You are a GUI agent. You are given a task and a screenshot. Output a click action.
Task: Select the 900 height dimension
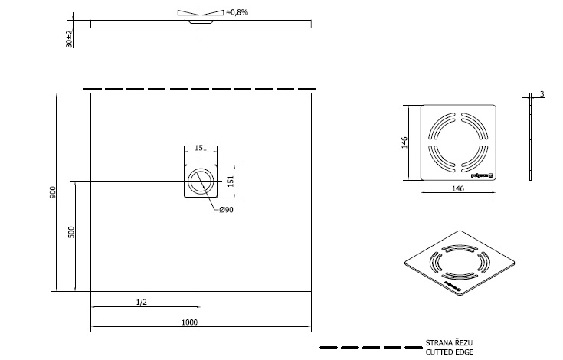click(53, 192)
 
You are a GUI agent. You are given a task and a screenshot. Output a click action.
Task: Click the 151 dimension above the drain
click(200, 149)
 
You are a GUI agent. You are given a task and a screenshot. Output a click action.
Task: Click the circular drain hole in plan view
click(201, 182)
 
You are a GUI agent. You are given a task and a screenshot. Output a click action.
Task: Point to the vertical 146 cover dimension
click(405, 142)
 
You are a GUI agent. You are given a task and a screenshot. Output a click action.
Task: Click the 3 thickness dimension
click(542, 94)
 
